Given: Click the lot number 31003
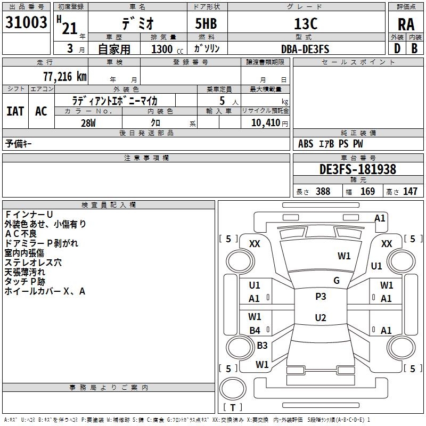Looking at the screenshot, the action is click(26, 22).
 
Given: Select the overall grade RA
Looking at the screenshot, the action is click(406, 24).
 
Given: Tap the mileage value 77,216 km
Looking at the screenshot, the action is click(65, 77).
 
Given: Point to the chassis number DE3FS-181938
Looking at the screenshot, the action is click(358, 169).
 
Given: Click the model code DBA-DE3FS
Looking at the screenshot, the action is click(305, 49).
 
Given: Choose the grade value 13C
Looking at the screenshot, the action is click(306, 23).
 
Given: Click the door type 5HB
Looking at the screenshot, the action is click(206, 23).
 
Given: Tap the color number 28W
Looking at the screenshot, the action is click(88, 123).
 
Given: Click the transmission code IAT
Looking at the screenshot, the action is click(15, 111).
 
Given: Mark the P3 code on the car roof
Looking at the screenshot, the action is click(321, 296).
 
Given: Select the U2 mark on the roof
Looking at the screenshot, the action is click(321, 317).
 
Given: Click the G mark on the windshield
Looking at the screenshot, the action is click(337, 281).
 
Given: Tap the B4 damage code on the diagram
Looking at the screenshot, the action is click(255, 330).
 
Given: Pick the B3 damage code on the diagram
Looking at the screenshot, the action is click(262, 345).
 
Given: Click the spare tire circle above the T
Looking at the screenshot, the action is click(233, 388).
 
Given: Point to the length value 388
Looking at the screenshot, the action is click(323, 192).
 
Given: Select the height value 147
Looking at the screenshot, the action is click(410, 192).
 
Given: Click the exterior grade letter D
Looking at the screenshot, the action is click(397, 48).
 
